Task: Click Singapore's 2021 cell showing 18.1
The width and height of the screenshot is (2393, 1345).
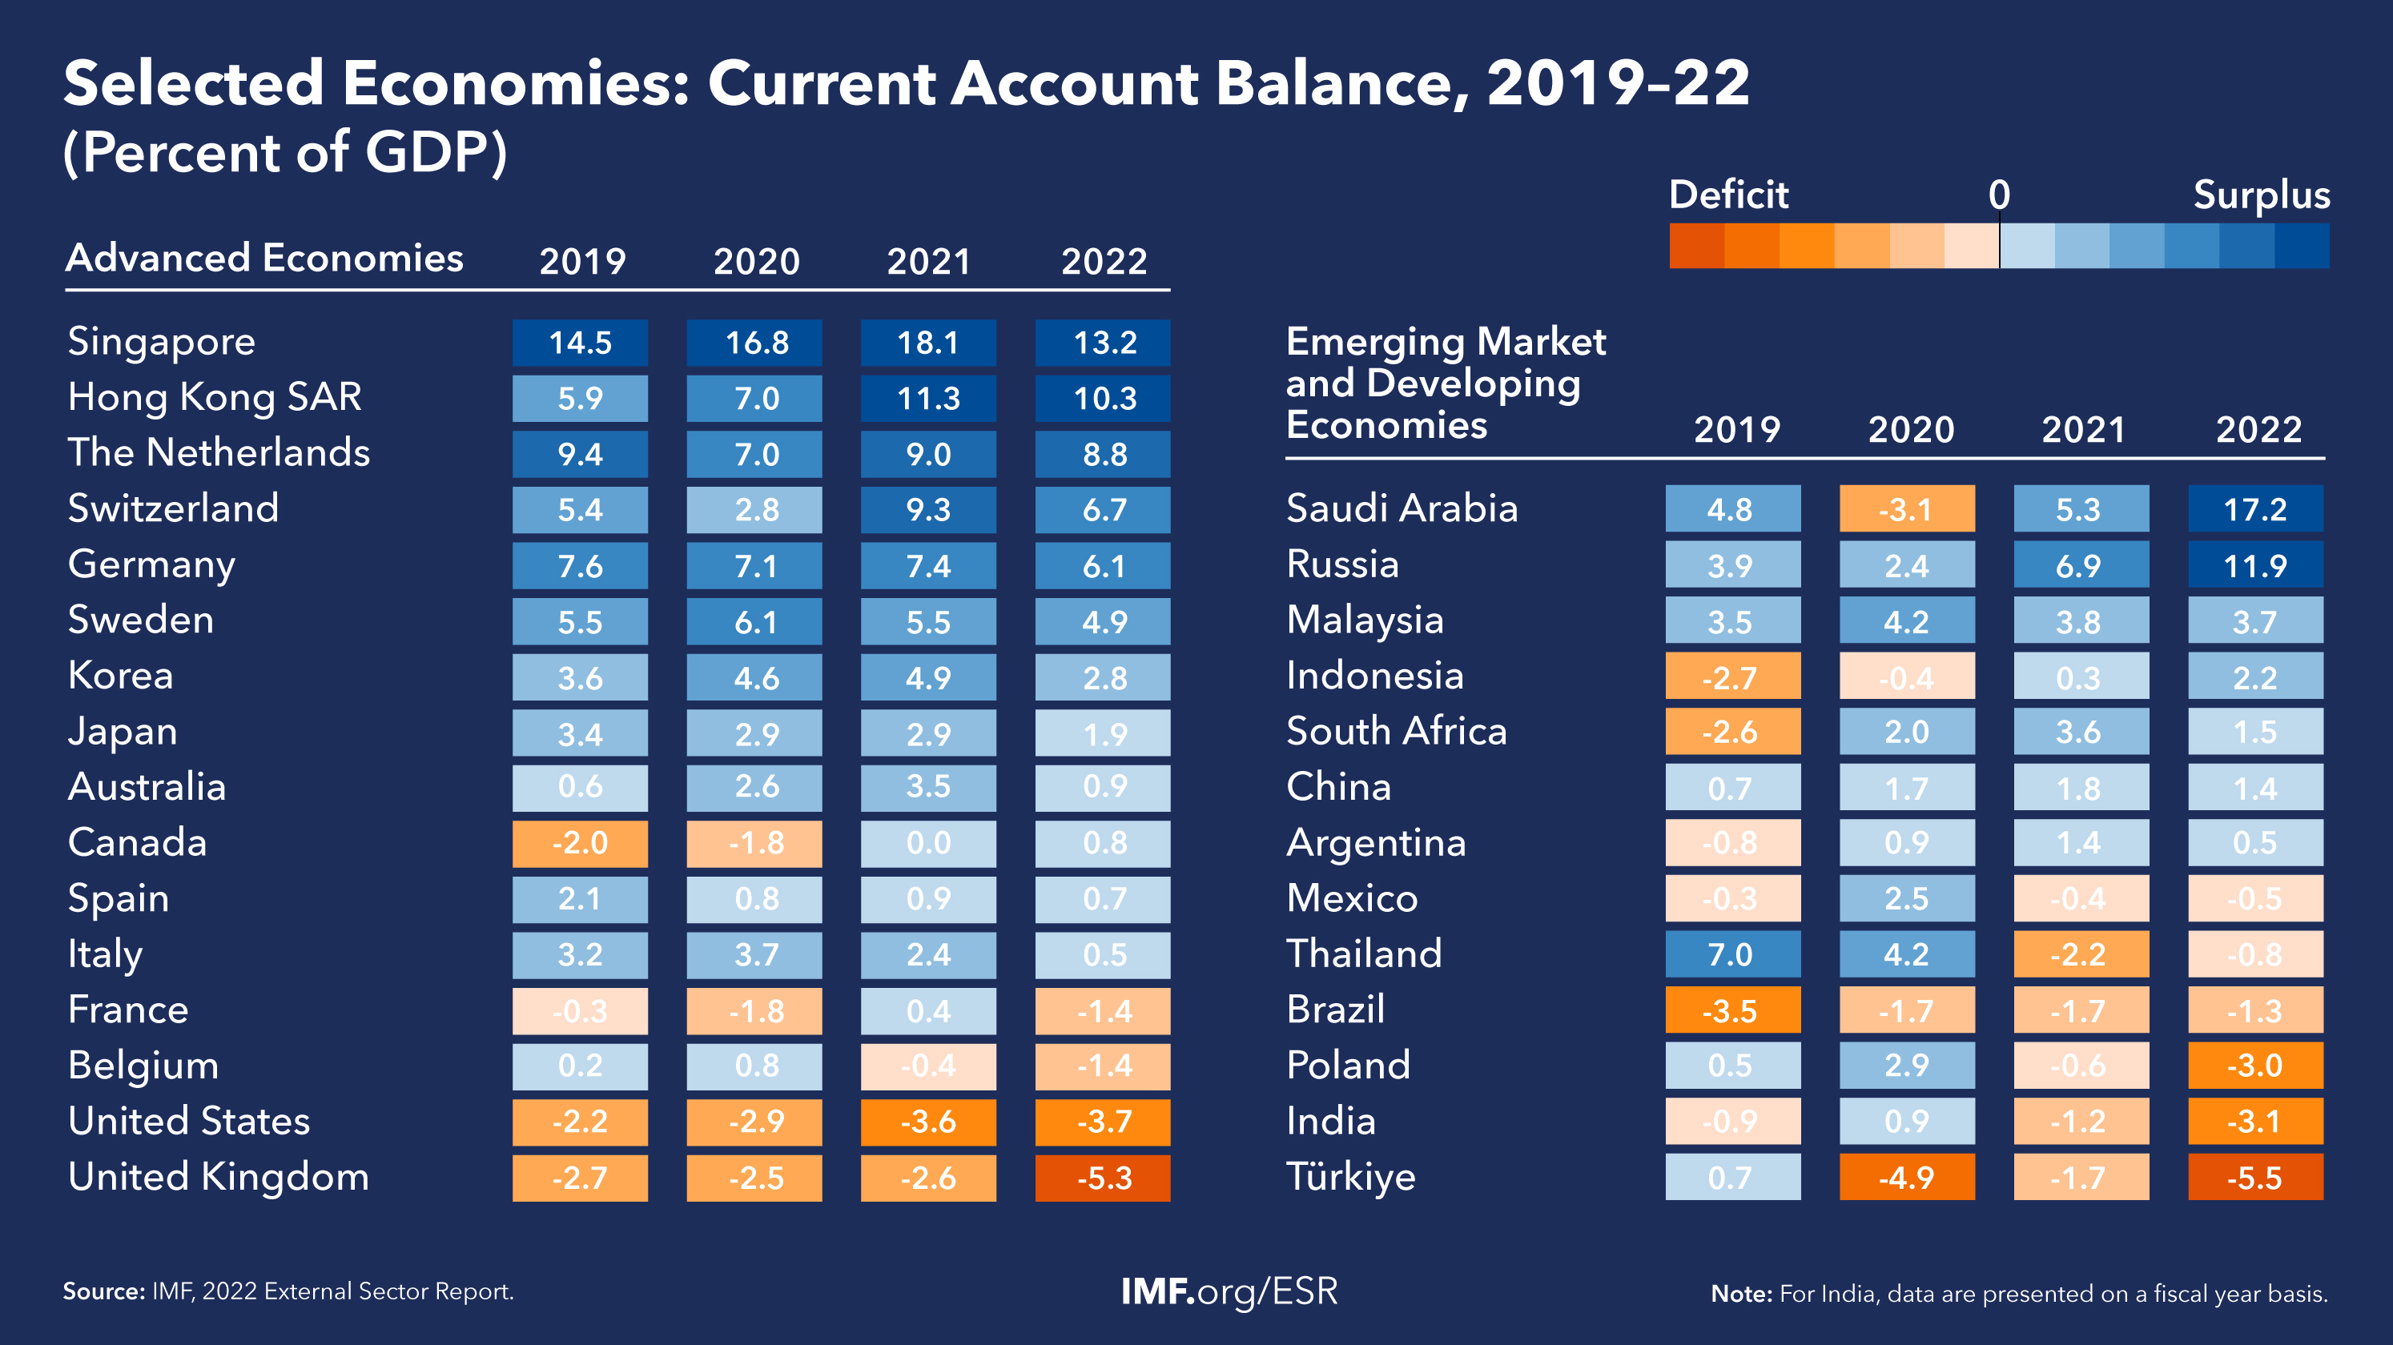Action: coord(928,343)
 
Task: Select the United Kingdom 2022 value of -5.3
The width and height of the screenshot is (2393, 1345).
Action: coord(1103,1178)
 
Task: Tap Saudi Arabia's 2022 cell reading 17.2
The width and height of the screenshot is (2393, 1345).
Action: coord(2254,509)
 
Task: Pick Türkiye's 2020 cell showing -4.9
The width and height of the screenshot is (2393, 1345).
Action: coord(1906,1178)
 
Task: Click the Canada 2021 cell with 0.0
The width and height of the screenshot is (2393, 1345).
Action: coord(928,843)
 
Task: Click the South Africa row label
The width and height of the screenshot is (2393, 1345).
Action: coord(1396,732)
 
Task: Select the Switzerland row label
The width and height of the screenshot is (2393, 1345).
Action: coord(174,509)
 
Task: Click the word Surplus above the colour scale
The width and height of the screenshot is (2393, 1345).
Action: coord(2261,195)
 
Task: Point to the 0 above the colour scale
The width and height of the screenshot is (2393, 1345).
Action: coord(1999,195)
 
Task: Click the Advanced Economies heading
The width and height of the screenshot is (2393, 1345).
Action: coord(265,259)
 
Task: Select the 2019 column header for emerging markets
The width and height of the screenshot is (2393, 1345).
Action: coord(1736,430)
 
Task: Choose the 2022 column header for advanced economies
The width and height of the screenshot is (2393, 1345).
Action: coord(1104,262)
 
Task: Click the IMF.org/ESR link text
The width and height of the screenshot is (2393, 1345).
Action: coord(1229,1291)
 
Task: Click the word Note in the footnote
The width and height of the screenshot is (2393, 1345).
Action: coord(1742,1294)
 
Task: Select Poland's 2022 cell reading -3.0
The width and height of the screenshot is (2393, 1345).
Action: coord(2254,1066)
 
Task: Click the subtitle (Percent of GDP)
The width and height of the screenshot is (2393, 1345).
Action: coord(285,152)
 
